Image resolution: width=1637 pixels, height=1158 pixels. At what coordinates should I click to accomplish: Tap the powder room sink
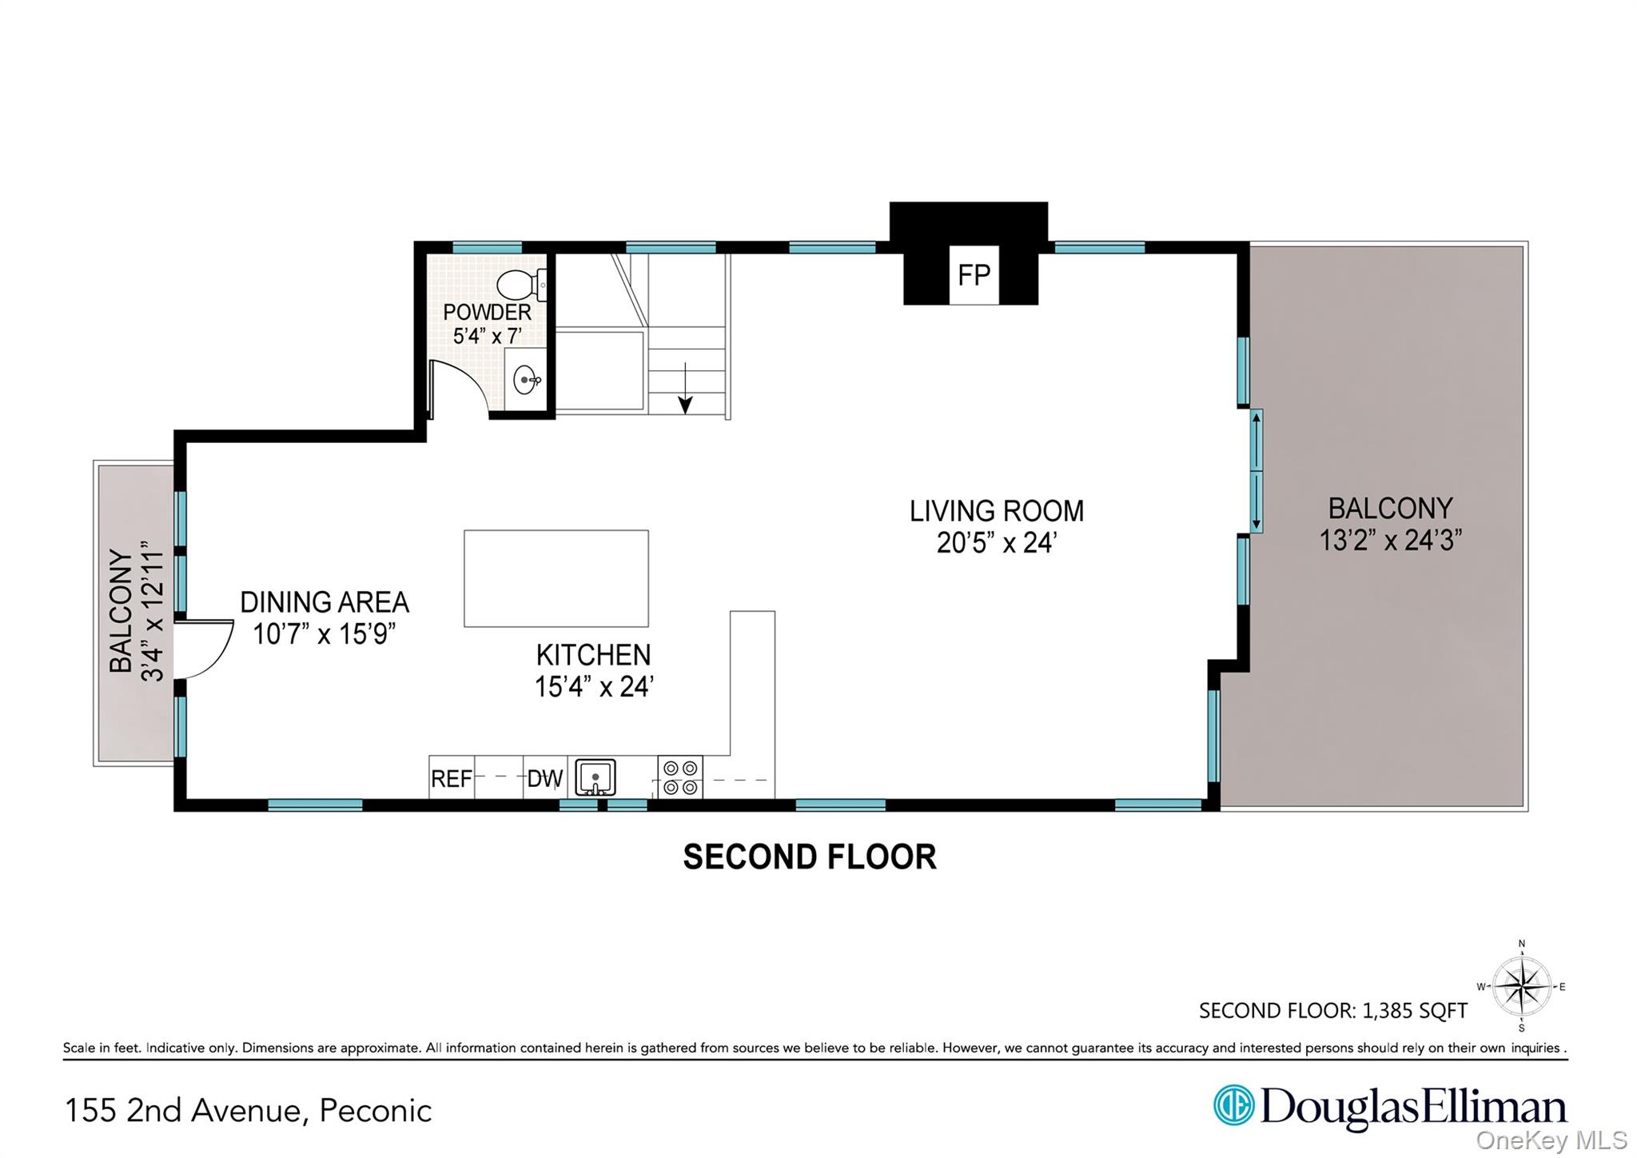[526, 379]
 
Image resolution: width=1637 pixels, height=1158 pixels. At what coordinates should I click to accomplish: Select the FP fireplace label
[974, 275]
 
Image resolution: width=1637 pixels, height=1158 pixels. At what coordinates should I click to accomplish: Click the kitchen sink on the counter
[595, 777]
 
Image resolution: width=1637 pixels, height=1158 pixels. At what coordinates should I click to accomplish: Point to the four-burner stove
[680, 777]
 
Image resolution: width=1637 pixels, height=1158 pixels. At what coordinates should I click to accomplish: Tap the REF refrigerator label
[451, 778]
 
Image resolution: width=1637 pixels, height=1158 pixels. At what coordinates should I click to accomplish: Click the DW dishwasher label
[544, 778]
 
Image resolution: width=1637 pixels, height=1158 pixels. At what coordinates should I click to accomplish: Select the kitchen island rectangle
[556, 578]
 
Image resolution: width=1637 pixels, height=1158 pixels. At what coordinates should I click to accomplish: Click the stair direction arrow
[685, 388]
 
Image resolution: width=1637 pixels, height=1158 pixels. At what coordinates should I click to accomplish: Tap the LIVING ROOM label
[997, 511]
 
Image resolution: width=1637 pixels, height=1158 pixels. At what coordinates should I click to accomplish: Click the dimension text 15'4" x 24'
[594, 686]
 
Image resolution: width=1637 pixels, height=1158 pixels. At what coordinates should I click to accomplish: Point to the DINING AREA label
[325, 602]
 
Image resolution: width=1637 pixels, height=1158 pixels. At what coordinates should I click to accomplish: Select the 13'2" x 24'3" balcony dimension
[1390, 541]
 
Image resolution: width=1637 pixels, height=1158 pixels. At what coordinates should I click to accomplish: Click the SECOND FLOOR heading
[810, 857]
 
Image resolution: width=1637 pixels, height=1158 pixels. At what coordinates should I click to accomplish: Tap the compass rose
[1522, 987]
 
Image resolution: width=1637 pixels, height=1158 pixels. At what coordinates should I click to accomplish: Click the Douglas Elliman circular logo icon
[1233, 1105]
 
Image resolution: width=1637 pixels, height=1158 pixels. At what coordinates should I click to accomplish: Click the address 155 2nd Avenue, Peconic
[248, 1111]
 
